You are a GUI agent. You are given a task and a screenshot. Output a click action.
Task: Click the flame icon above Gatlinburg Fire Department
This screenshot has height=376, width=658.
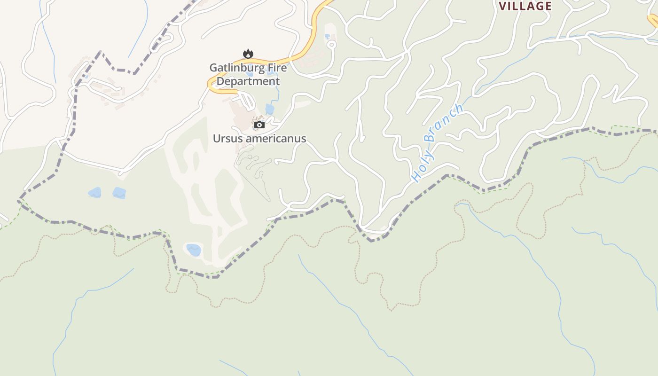tap(248, 54)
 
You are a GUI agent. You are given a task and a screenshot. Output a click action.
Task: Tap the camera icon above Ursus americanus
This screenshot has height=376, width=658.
tap(259, 125)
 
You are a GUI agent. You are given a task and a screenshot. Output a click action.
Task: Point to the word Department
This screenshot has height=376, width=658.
tap(248, 81)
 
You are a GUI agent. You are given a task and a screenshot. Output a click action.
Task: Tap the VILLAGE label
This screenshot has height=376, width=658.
tap(525, 6)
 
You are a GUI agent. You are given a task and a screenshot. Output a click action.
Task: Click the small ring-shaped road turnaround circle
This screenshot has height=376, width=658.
tap(331, 45)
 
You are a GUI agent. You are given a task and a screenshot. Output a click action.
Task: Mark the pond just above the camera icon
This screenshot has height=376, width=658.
tap(269, 109)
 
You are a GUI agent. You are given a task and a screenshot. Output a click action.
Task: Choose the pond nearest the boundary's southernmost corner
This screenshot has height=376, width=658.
tap(194, 250)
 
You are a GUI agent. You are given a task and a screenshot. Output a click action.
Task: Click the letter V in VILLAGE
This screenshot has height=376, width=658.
tap(503, 6)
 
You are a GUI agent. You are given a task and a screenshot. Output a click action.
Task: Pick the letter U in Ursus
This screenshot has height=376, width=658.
tap(217, 139)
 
